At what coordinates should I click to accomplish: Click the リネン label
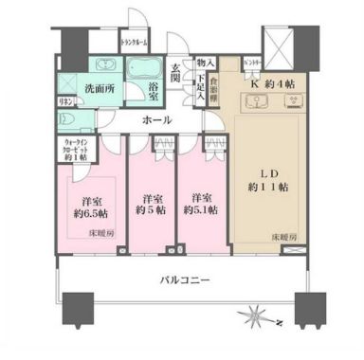click(x=65, y=101)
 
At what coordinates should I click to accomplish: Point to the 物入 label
click(x=201, y=63)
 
